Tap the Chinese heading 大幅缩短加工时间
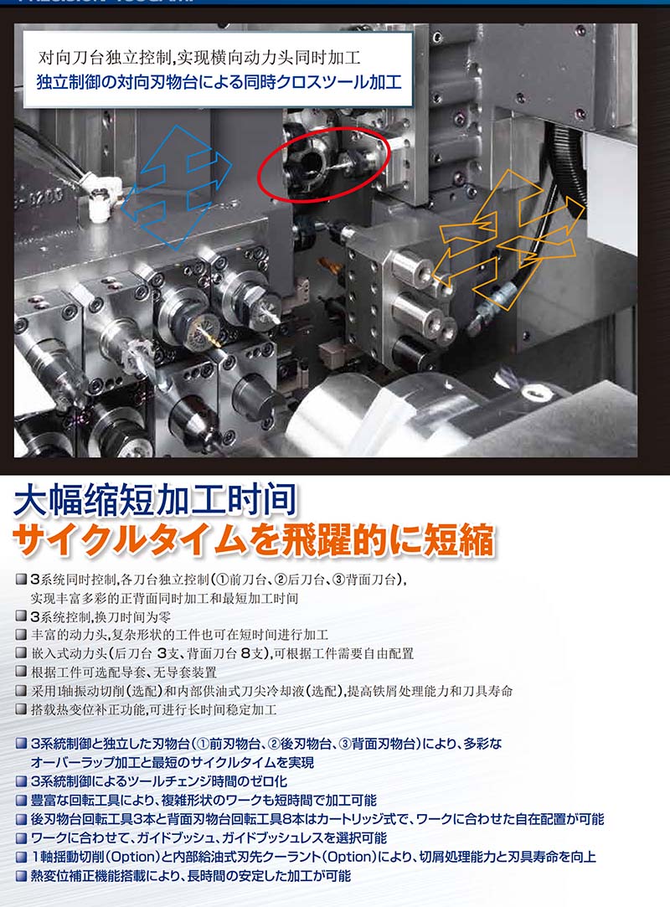[155, 501]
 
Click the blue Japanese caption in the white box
[219, 81]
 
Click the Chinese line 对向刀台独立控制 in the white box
[199, 57]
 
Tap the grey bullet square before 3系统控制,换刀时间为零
[21, 616]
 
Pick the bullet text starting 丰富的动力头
[179, 635]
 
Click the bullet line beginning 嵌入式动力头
[223, 653]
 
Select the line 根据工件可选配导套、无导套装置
[124, 673]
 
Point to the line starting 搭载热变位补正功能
[154, 709]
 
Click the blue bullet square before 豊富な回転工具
[21, 801]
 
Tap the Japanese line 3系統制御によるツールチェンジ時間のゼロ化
[159, 781]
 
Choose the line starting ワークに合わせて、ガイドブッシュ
[209, 837]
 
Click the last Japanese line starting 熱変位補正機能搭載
[191, 876]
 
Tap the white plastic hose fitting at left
[103, 197]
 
